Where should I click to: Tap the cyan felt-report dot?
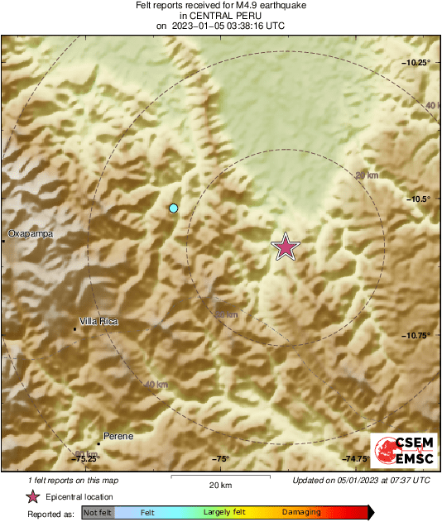tap(174, 208)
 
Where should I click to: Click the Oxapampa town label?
tap(31, 234)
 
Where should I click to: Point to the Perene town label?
tap(118, 436)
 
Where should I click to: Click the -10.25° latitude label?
tap(417, 63)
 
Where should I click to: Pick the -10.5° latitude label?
tap(420, 199)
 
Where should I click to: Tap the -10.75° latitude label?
tap(417, 335)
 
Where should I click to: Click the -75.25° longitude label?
tap(86, 458)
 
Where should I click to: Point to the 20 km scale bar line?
tap(220, 476)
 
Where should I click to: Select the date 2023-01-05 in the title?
tap(202, 26)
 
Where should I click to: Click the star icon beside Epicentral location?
tap(32, 496)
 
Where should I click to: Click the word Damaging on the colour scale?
tap(301, 513)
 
